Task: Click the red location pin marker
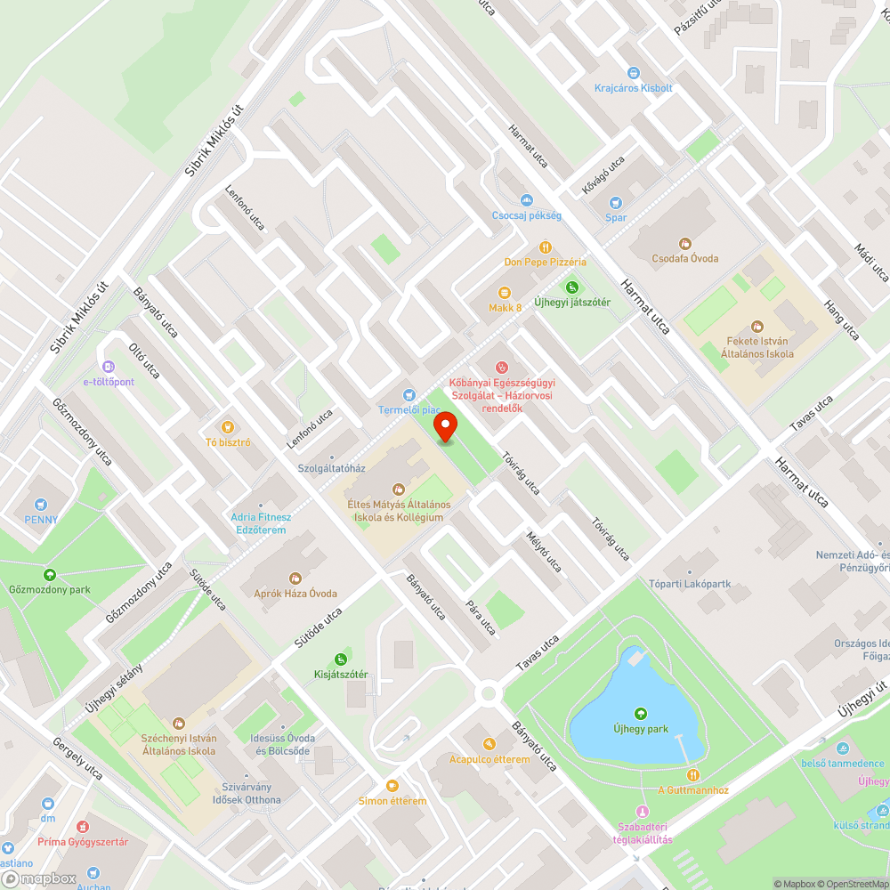click(x=445, y=428)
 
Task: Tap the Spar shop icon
click(x=616, y=202)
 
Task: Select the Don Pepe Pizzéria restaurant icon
click(x=545, y=247)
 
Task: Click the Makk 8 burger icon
click(x=505, y=293)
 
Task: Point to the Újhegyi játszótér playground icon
click(x=572, y=287)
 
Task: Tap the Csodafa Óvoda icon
click(x=684, y=243)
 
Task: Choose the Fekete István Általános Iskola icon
click(x=757, y=327)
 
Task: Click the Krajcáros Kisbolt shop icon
click(x=634, y=73)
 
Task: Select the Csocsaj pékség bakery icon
click(x=527, y=200)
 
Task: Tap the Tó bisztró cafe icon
click(x=228, y=427)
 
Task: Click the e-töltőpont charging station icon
click(x=109, y=367)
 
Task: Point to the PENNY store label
click(x=41, y=520)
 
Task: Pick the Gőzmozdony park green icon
click(x=50, y=575)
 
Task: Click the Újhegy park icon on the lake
click(x=640, y=713)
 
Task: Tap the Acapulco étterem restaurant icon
click(x=489, y=744)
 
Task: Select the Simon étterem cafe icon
click(x=392, y=785)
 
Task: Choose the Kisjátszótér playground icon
click(x=341, y=659)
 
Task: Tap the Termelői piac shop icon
click(x=409, y=394)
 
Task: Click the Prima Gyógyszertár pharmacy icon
click(x=83, y=827)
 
